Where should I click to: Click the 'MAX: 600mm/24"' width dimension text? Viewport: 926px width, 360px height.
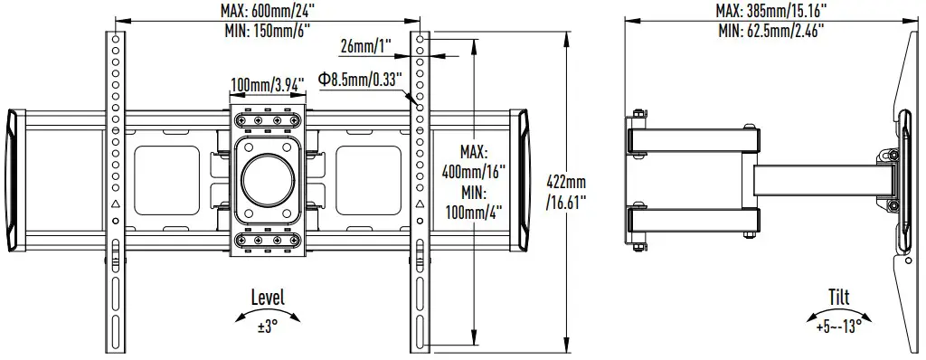(x=269, y=10)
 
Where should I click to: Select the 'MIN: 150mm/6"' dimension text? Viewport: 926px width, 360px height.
(x=269, y=29)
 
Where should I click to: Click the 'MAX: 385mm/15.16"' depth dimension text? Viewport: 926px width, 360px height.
(x=771, y=10)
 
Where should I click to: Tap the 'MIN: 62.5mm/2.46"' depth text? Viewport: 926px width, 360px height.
(x=771, y=29)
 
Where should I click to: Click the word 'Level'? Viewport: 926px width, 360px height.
(x=267, y=298)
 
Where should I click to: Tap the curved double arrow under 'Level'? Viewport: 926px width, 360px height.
(x=267, y=313)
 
